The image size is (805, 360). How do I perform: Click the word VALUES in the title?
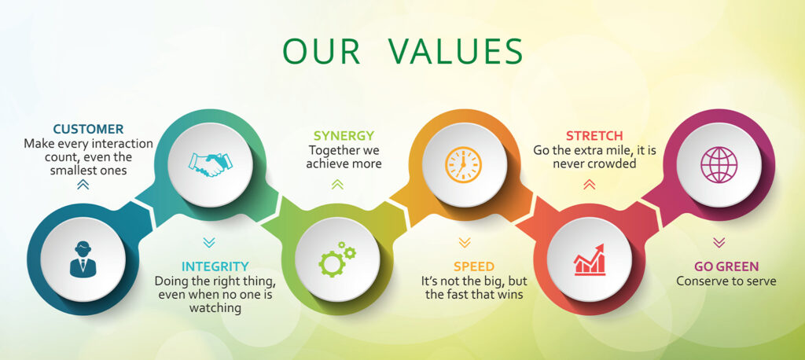[455, 50]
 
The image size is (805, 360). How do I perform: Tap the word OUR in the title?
[321, 50]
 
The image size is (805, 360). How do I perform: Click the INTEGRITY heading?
[215, 266]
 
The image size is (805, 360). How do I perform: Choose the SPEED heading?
[474, 266]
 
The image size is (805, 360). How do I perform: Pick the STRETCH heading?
[594, 136]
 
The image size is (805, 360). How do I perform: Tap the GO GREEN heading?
[726, 266]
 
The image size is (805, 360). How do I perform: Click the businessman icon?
[83, 259]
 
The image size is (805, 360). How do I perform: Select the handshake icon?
[211, 164]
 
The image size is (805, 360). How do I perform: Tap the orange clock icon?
[464, 164]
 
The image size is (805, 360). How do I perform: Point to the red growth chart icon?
[590, 260]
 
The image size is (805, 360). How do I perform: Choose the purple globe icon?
[719, 164]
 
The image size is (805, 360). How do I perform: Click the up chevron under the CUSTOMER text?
[83, 185]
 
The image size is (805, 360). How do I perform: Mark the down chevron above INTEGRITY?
[209, 242]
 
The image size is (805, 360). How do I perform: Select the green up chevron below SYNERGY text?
[337, 185]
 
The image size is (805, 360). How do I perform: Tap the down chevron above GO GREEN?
[719, 242]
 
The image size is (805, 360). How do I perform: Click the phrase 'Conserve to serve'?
[726, 281]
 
